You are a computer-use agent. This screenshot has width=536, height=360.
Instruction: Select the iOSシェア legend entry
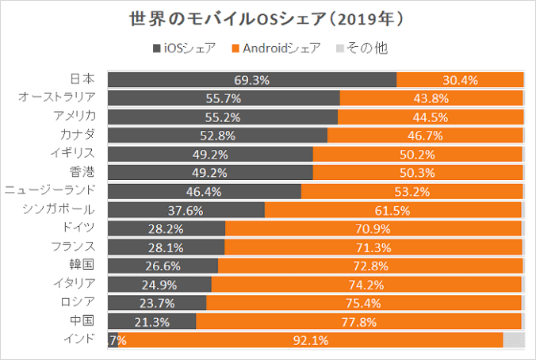tap(184, 48)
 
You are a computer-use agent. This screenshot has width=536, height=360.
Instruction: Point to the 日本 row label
tap(82, 79)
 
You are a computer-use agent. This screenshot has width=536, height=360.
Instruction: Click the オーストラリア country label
tap(57, 98)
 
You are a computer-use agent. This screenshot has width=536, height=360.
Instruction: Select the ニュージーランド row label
tap(50, 190)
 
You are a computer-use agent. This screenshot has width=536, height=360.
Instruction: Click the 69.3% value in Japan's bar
tap(252, 79)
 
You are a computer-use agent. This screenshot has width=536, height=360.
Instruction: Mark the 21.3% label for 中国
tap(151, 321)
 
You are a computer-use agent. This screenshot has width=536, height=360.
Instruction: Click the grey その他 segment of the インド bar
tap(513, 340)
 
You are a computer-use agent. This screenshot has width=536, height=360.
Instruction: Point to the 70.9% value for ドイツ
tap(373, 228)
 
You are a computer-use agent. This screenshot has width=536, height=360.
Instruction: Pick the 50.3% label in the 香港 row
tap(419, 172)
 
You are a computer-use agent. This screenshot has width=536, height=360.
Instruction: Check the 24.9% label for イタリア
tap(159, 284)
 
